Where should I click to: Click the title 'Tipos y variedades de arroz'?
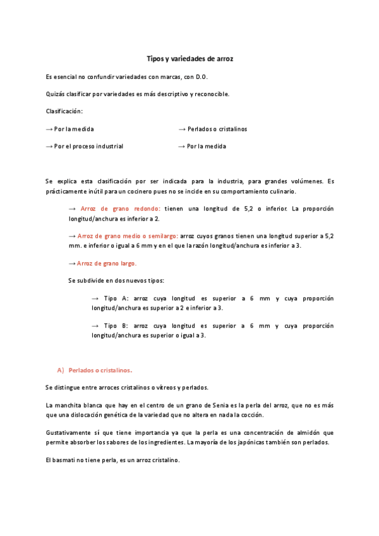click(190, 58)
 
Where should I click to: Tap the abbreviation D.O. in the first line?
click(202, 76)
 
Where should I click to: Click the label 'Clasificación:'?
click(64, 111)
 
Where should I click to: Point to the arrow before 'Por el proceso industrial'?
click(49, 146)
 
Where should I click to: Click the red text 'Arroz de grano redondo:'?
click(121, 208)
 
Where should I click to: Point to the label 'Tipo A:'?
click(116, 298)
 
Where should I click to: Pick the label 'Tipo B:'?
click(116, 326)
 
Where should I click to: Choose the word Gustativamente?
click(69, 432)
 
